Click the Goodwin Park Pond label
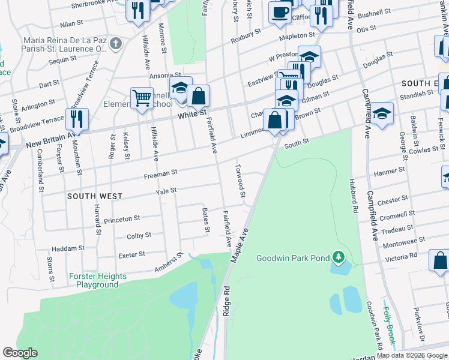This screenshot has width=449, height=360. [x=292, y=258]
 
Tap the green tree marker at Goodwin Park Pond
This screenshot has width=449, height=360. [x=339, y=258]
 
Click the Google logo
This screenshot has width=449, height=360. [x=20, y=353]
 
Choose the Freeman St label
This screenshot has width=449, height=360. [x=160, y=172]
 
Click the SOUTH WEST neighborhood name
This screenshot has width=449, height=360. [x=95, y=196]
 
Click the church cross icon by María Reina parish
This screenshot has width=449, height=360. [x=116, y=44]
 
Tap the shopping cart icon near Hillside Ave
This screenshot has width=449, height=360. [x=142, y=97]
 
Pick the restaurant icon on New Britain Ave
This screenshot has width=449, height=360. [x=77, y=118]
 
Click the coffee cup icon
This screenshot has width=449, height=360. [x=279, y=12]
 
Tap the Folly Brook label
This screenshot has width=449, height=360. [x=390, y=325]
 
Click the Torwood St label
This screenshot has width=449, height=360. [x=241, y=181]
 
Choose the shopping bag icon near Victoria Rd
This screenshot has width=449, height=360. [x=440, y=261]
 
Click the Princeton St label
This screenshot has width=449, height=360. [x=122, y=220]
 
